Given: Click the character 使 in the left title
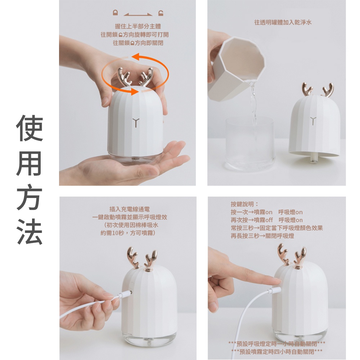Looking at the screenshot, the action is [30, 128].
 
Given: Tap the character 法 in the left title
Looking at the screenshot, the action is [30, 231].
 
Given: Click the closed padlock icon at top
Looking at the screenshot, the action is [115, 13].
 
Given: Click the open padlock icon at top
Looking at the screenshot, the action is [161, 13].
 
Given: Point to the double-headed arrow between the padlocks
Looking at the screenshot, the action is [138, 15].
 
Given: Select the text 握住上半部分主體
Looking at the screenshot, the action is [138, 26].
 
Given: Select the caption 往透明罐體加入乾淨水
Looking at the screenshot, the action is [283, 22].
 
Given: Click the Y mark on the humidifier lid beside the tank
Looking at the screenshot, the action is [313, 121].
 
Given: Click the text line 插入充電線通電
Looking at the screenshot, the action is [130, 209].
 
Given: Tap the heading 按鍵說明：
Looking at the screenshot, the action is [245, 204].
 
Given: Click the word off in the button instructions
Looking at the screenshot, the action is [269, 220].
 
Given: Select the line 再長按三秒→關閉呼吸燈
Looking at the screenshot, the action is [262, 236].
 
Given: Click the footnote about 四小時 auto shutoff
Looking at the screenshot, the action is [277, 351].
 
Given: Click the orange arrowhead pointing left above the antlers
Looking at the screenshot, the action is [135, 56].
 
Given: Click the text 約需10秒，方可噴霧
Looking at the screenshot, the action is [128, 233].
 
